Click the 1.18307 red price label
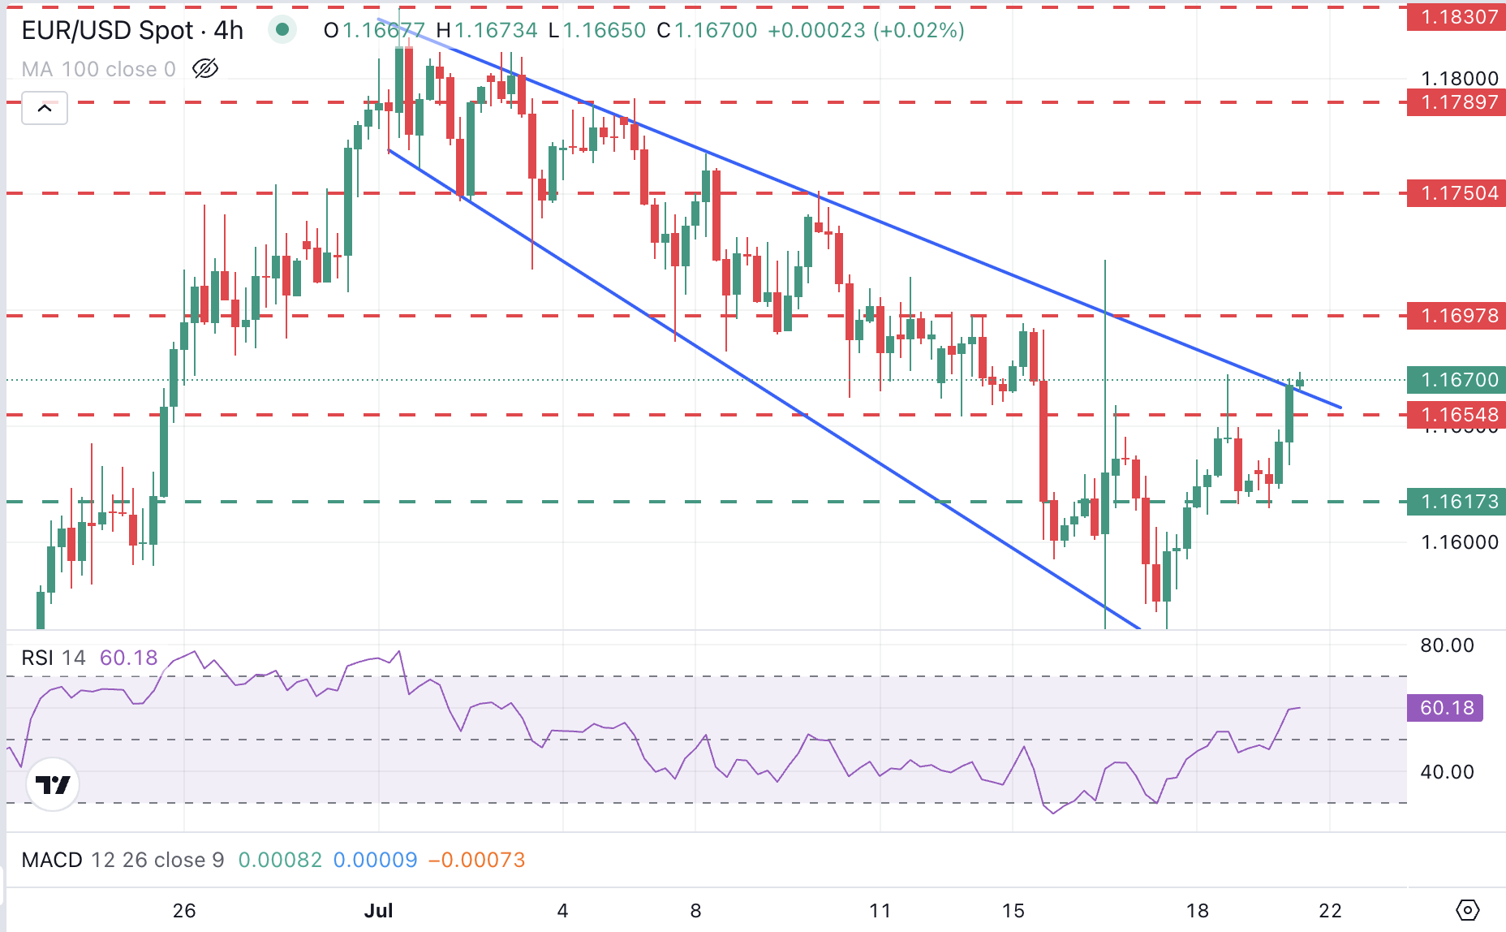point(1457,16)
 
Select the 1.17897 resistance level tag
point(1457,102)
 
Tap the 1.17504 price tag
point(1457,193)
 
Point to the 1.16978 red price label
point(1457,316)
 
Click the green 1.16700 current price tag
point(1457,379)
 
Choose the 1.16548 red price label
point(1457,415)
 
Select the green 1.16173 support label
point(1457,502)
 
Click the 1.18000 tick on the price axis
point(1459,79)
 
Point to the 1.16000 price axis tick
point(1459,542)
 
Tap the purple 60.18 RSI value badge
point(1446,708)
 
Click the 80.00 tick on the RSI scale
point(1447,645)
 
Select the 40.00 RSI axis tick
point(1447,772)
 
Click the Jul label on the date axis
point(378,910)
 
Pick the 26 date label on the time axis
point(184,910)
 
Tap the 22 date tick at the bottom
point(1330,910)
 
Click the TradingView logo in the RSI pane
point(53,784)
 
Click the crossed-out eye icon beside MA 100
point(205,68)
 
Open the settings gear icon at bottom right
point(1468,910)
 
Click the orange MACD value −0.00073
point(476,860)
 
